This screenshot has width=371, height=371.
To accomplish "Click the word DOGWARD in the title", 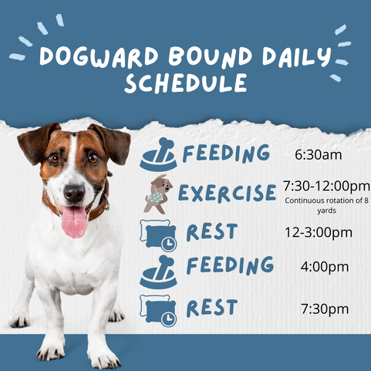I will (x=92, y=57).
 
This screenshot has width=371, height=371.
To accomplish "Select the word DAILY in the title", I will (x=293, y=57).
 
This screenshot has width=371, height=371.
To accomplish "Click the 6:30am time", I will (x=319, y=155).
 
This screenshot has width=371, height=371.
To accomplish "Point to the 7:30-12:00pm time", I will (x=326, y=186).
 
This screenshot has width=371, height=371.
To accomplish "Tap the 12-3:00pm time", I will (x=325, y=232).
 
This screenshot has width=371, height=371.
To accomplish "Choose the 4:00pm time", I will (x=324, y=268).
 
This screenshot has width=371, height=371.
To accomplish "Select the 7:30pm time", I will (x=324, y=309).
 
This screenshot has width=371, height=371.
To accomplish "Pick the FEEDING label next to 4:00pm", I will (x=230, y=266).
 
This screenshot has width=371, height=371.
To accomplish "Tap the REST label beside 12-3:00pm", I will (x=211, y=231).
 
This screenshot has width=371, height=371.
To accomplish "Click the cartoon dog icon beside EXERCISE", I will (x=157, y=193).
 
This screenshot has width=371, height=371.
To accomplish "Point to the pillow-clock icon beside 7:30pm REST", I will (x=158, y=309).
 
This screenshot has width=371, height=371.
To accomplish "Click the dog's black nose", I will (x=74, y=191).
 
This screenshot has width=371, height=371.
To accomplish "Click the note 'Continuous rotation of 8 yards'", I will (x=326, y=204).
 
